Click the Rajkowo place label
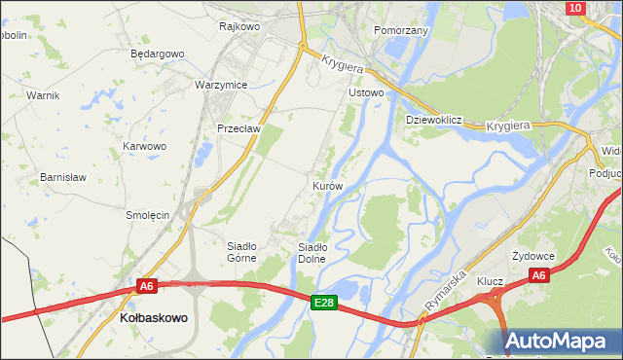pos(239,26)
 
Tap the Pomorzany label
pos(401,30)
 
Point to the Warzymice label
pos(221,85)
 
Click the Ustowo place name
pos(367,92)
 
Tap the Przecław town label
pos(237,127)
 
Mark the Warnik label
pos(44,95)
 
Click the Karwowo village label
pos(144,146)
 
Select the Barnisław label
pos(63,177)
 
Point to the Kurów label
pos(327,185)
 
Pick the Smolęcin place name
pos(148,214)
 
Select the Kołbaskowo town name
pos(153,318)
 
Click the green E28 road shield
pos(325,276)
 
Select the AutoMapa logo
pos(559,341)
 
